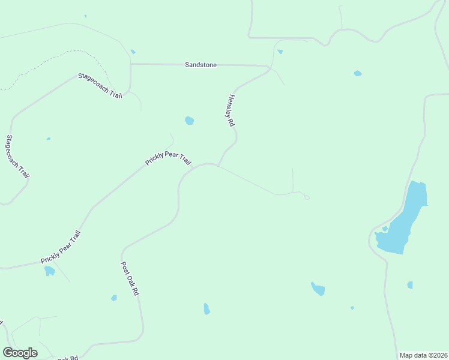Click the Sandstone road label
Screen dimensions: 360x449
pos(200,65)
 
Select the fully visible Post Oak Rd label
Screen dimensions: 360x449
pos(130,278)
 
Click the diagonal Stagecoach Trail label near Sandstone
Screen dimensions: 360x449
pos(100,86)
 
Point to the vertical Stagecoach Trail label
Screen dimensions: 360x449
pos(17,156)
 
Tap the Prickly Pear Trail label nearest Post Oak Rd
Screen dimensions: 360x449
pos(60,247)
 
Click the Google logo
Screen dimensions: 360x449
pos(20,353)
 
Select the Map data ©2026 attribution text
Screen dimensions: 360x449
pos(423,355)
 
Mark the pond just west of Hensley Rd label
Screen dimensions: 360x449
pos(190,121)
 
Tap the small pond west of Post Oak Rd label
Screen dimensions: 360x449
pos(114,298)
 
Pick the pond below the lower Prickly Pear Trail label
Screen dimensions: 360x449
pos(50,271)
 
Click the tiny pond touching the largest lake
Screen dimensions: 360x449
pos(385,229)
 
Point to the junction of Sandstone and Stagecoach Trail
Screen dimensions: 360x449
pos(131,64)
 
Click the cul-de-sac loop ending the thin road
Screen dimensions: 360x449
pos(306,197)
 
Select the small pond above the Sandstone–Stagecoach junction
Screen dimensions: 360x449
pos(133,52)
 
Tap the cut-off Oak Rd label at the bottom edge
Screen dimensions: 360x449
pos(67,358)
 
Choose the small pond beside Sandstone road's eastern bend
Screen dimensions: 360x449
pos(280,52)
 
